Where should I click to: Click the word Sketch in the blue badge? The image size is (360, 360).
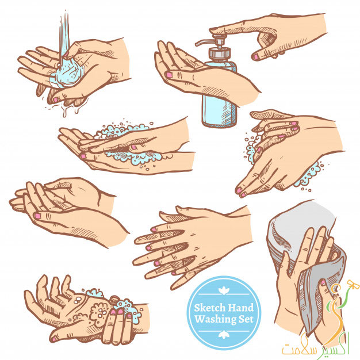point(209,308)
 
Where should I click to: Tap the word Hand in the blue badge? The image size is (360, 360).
point(240,308)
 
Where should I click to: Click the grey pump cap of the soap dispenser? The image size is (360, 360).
point(219,52)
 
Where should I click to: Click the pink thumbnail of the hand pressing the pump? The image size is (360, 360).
point(255,56)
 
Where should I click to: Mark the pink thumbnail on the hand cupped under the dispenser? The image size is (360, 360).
point(169,75)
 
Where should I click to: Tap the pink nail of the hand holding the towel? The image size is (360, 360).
point(323,282)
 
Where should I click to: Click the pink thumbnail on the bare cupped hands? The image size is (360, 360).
point(37,216)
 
